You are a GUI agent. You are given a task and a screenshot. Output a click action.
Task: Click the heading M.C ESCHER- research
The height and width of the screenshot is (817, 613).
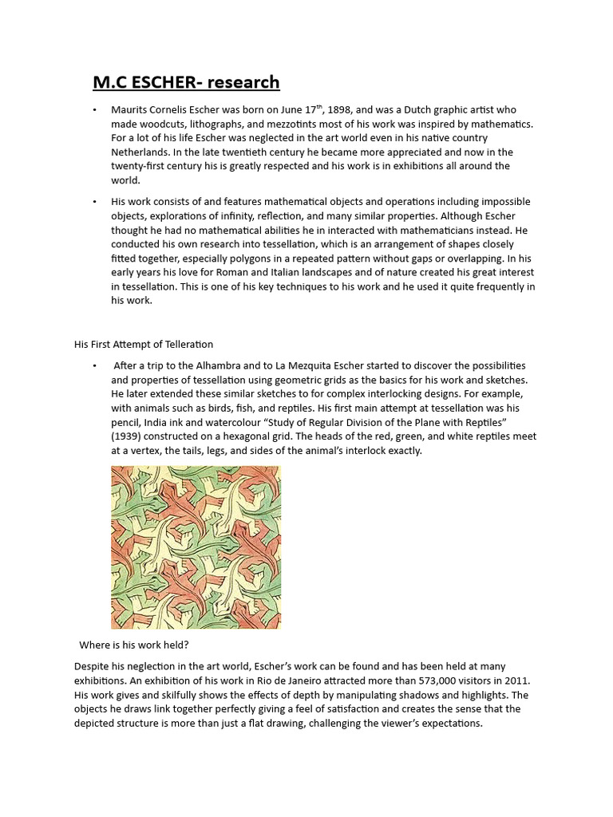[x=186, y=82]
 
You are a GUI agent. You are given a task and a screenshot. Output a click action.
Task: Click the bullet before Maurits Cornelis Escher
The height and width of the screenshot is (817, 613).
[x=94, y=110]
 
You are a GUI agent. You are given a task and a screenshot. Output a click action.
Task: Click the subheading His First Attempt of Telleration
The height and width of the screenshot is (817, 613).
[x=144, y=345]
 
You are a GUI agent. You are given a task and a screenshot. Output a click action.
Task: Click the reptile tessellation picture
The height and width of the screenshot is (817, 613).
[x=196, y=547]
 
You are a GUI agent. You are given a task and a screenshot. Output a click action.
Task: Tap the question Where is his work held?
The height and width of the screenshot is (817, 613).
[x=134, y=645]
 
